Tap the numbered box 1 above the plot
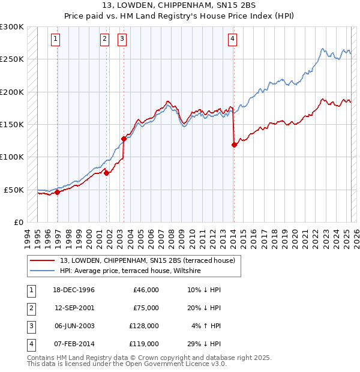coord(55,40)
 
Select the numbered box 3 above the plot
coord(122,40)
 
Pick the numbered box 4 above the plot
coord(232,40)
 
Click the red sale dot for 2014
coord(234,144)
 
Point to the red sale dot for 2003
coord(124,139)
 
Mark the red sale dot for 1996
coord(58,193)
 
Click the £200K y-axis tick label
coord(12,92)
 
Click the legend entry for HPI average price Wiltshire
coord(130,271)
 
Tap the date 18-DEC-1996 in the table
coord(74,290)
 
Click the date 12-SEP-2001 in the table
coord(74,308)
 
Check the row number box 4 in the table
coord(30,344)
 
